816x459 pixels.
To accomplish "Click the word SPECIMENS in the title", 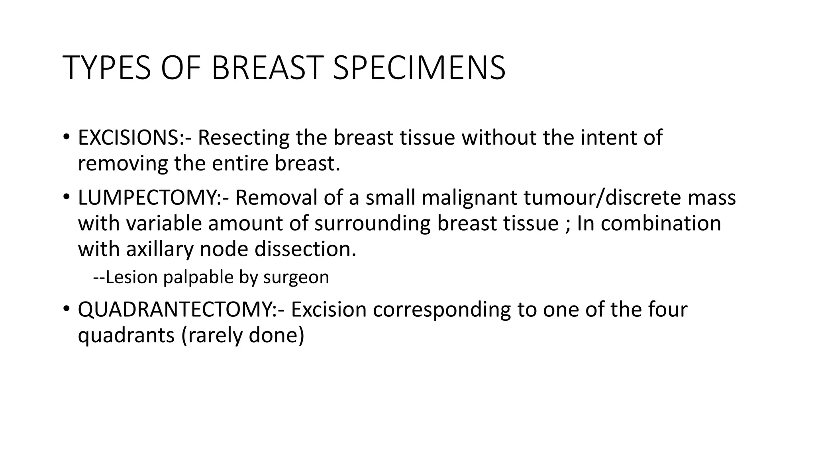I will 418,68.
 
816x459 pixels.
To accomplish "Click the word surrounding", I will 372,223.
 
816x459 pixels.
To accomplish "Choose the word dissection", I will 305,249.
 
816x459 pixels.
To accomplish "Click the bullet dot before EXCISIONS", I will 66,137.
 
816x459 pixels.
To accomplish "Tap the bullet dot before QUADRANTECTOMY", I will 66,310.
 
